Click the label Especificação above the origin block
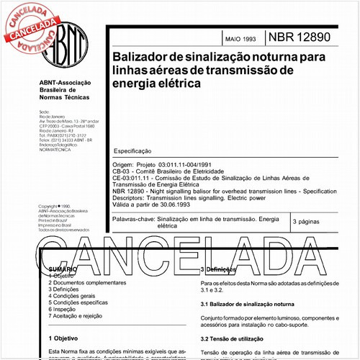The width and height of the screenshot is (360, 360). click(133, 151)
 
